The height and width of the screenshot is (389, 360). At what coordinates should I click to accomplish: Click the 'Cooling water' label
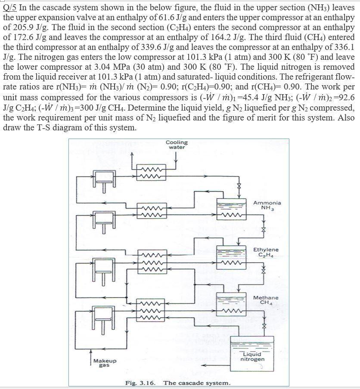click(177, 145)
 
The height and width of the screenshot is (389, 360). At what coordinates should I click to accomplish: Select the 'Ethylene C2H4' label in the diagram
click(266, 252)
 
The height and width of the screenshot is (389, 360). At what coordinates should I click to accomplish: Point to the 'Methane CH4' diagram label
click(266, 300)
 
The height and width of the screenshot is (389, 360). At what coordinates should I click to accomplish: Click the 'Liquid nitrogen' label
click(252, 357)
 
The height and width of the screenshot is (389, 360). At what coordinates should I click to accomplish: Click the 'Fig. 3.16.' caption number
click(140, 383)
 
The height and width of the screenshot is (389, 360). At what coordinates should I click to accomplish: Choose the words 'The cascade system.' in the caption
click(197, 383)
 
